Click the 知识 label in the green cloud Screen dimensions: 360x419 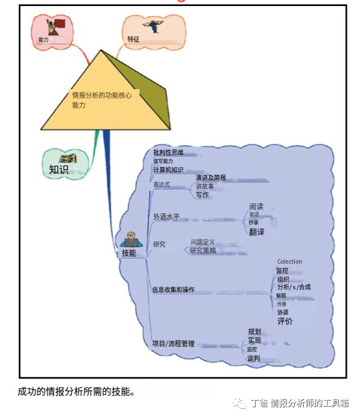[x=59, y=170]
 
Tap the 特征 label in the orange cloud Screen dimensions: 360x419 [x=133, y=39]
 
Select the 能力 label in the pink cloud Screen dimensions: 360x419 [x=44, y=40]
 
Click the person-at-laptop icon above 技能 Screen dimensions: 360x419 [x=130, y=240]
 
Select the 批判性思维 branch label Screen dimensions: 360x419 [x=169, y=152]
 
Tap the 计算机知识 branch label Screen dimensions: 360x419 [x=169, y=170]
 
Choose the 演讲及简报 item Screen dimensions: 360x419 [x=211, y=178]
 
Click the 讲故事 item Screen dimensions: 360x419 [x=205, y=187]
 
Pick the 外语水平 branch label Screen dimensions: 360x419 [x=166, y=217]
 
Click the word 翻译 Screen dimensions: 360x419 [x=257, y=232]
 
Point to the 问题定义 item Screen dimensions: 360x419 [x=202, y=242]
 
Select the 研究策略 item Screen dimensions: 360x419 [x=202, y=251]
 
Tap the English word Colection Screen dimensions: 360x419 [x=289, y=261]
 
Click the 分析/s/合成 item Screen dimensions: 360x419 [x=294, y=287]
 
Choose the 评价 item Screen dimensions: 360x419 [x=284, y=321]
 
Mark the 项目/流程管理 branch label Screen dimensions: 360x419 [x=173, y=344]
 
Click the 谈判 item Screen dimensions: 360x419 [x=253, y=359]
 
